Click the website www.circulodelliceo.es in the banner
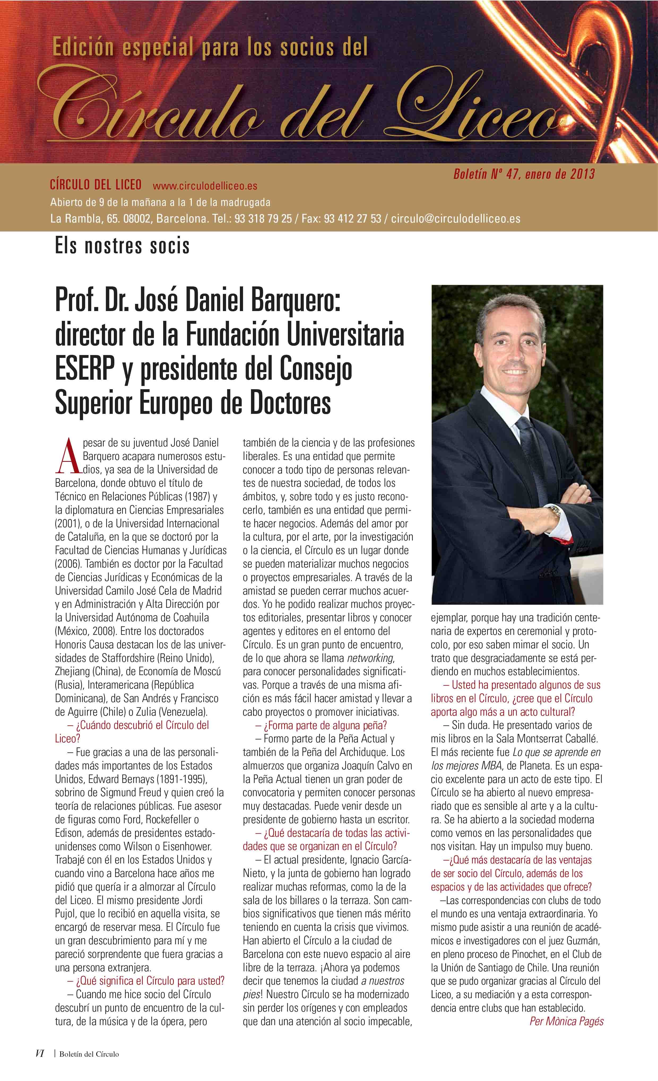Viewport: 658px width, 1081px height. click(x=205, y=186)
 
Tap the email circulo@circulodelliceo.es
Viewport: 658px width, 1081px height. click(x=456, y=219)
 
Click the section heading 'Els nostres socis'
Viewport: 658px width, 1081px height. click(x=122, y=246)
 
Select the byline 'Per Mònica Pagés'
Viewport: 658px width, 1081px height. click(x=566, y=1021)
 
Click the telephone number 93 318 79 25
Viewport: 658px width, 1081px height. click(x=263, y=219)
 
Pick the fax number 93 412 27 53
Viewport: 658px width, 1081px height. click(x=352, y=219)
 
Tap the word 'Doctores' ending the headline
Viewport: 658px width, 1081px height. click(x=290, y=403)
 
